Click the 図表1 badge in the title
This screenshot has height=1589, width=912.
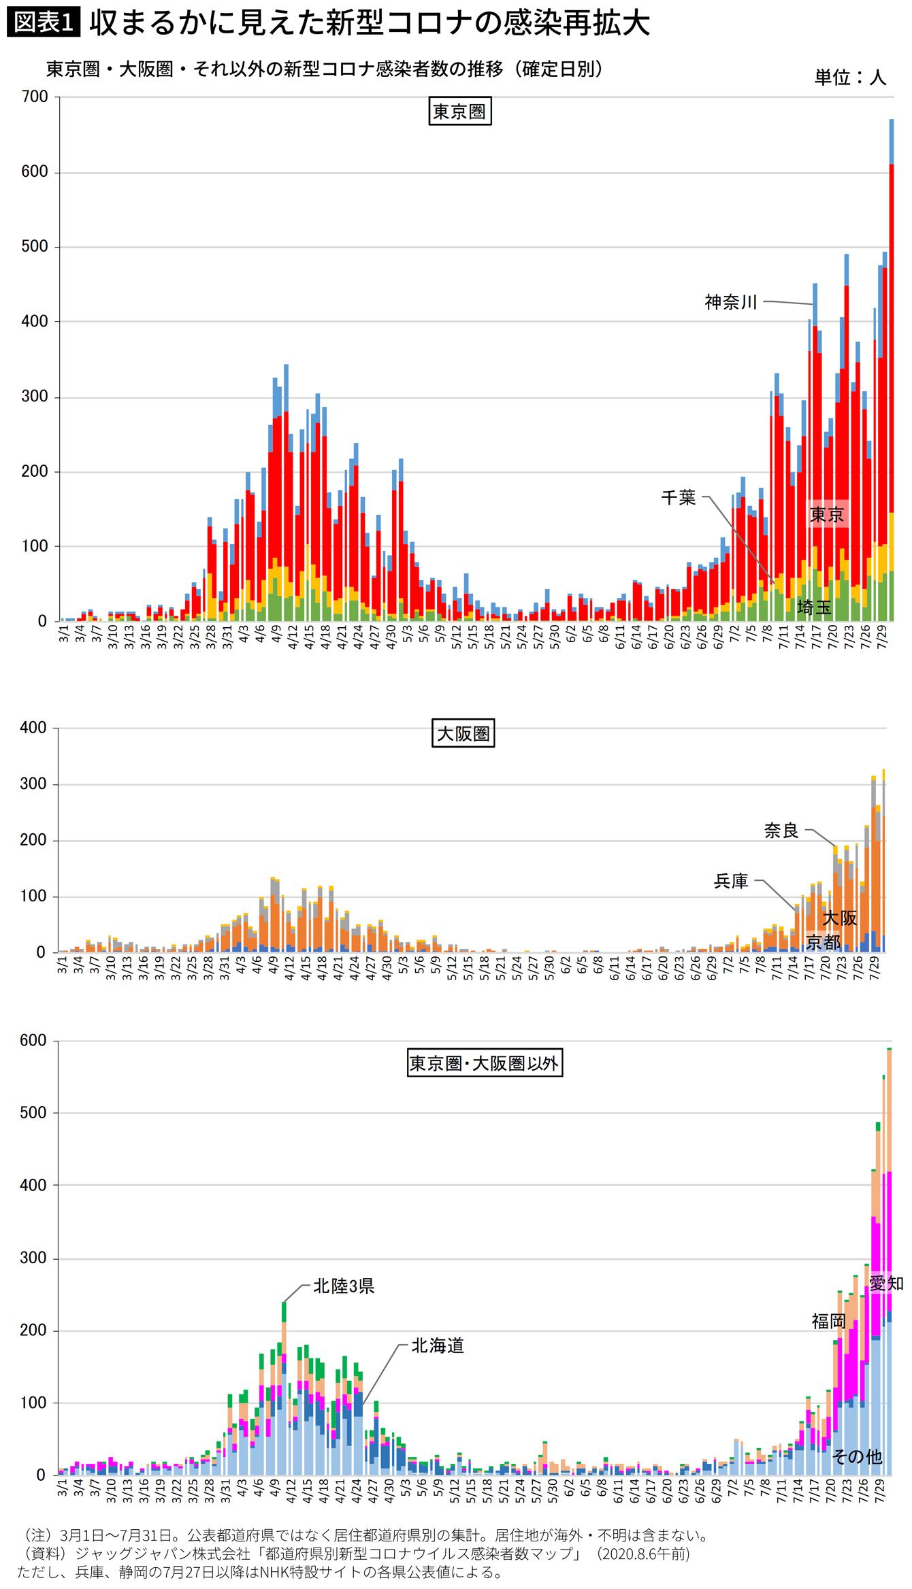pyautogui.click(x=43, y=22)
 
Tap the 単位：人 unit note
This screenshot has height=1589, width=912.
pyautogui.click(x=850, y=77)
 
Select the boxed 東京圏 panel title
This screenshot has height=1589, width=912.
pyautogui.click(x=459, y=112)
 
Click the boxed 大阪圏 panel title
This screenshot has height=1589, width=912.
pyautogui.click(x=463, y=734)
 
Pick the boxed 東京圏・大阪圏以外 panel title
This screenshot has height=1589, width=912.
pyautogui.click(x=484, y=1063)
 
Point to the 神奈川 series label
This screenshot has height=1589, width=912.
pyautogui.click(x=731, y=302)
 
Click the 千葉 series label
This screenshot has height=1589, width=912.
pyautogui.click(x=679, y=498)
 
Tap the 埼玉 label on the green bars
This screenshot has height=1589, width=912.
pyautogui.click(x=814, y=607)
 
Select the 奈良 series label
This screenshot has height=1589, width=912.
pyautogui.click(x=781, y=831)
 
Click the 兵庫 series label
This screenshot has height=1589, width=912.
pyautogui.click(x=731, y=882)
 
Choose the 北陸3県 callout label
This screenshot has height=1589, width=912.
pyautogui.click(x=344, y=1286)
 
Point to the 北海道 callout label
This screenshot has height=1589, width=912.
pyautogui.click(x=438, y=1345)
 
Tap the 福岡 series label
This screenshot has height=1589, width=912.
pyautogui.click(x=828, y=1322)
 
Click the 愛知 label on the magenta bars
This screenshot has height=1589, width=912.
pyautogui.click(x=886, y=1284)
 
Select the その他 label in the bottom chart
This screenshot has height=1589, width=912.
pyautogui.click(x=857, y=1456)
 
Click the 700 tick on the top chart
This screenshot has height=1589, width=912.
pyautogui.click(x=35, y=97)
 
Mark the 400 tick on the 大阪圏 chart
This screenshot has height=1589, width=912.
pyautogui.click(x=33, y=728)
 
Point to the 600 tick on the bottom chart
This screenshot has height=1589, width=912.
pyautogui.click(x=33, y=1041)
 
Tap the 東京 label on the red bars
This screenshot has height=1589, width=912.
pyautogui.click(x=827, y=515)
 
